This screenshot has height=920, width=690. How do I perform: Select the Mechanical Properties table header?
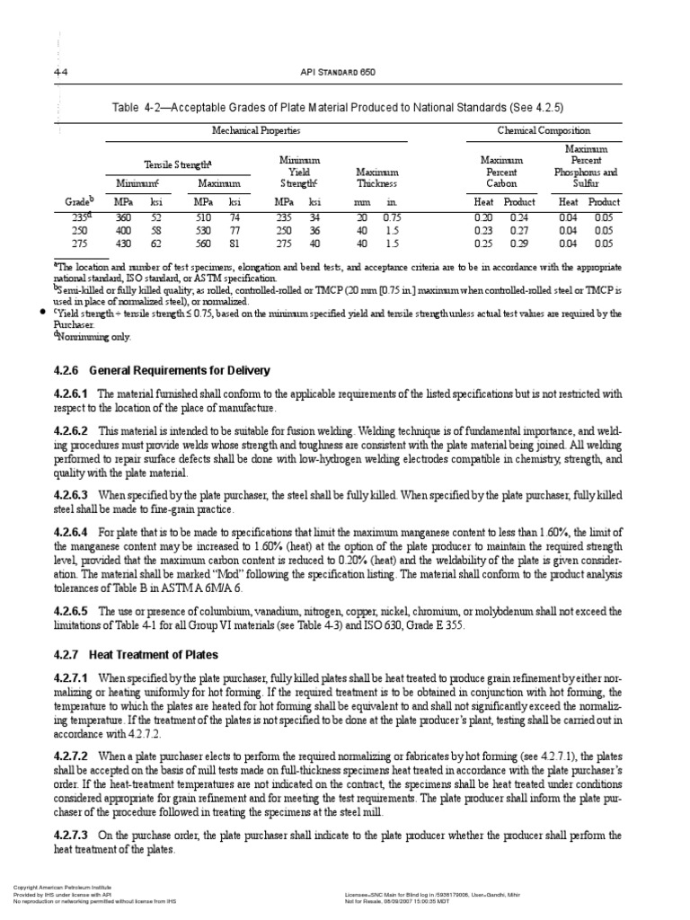point(255,131)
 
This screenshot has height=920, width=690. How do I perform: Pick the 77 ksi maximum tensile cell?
point(234,230)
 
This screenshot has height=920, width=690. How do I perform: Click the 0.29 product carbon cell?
point(518,243)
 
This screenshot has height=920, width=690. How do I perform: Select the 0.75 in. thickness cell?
point(392,217)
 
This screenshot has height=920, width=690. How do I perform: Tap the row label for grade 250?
point(82,230)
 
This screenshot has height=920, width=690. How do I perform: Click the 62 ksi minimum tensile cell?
point(157,243)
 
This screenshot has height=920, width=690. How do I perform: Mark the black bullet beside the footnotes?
point(43,312)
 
